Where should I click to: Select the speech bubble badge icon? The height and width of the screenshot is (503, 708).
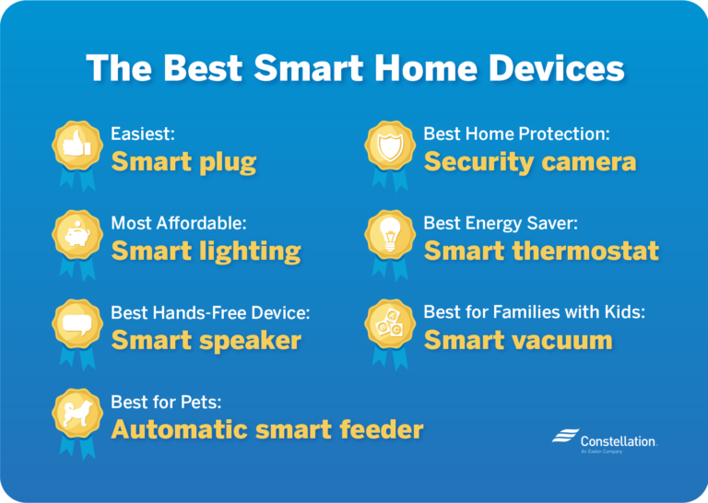click(x=75, y=323)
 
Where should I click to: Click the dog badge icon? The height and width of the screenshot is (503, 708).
click(x=75, y=413)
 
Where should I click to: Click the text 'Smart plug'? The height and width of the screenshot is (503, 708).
click(x=183, y=163)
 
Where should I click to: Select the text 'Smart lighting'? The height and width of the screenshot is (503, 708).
click(x=206, y=251)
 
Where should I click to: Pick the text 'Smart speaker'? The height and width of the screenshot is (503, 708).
click(x=206, y=341)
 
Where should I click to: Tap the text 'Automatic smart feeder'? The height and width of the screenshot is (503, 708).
click(x=266, y=429)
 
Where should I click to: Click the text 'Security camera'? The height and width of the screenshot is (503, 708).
click(x=529, y=163)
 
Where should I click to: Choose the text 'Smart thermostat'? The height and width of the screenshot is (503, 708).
click(x=541, y=251)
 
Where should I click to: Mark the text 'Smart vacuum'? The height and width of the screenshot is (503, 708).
click(x=517, y=341)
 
